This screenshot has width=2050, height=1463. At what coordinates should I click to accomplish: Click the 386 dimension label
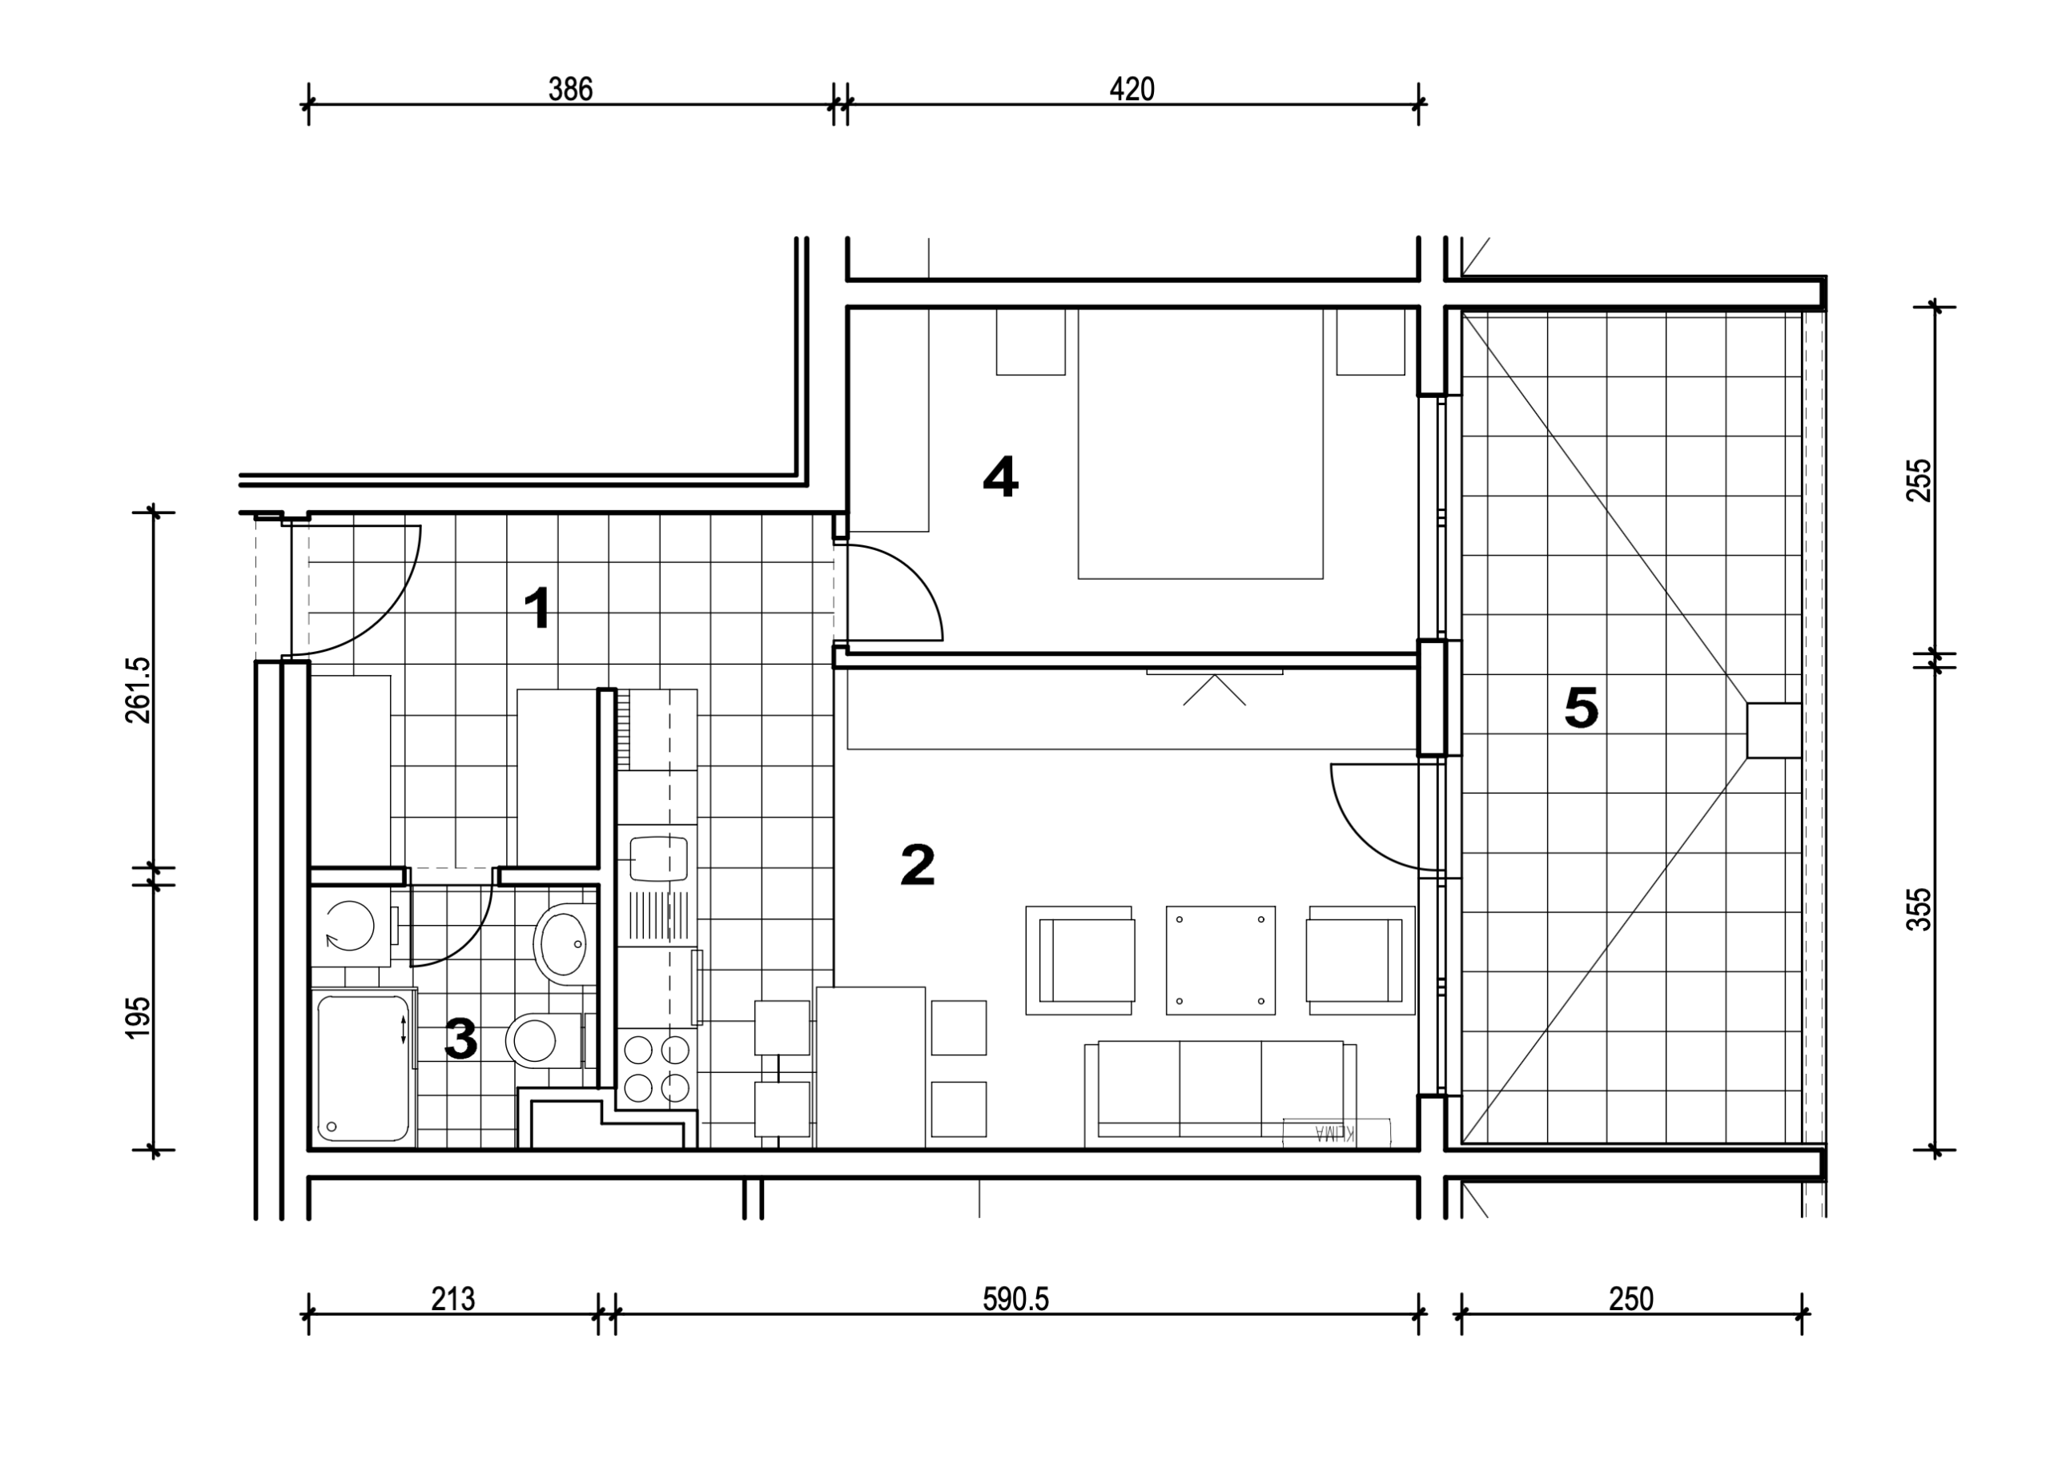(570, 89)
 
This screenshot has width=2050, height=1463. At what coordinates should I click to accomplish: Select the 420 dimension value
(1132, 89)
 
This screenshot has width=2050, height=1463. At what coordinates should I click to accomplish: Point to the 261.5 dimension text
(139, 690)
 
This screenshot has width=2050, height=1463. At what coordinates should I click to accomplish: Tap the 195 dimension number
(139, 1017)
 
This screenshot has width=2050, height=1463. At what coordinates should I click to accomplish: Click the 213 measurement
(452, 1299)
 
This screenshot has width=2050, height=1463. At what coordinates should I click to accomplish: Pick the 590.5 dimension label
(1015, 1299)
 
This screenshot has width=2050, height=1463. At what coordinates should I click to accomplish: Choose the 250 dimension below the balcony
(1631, 1299)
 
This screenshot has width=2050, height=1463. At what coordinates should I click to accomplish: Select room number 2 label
(918, 865)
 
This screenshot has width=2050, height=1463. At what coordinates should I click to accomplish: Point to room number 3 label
(460, 1039)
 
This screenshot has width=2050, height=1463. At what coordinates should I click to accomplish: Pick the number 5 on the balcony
(1581, 707)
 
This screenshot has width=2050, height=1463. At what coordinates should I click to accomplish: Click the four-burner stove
(657, 1069)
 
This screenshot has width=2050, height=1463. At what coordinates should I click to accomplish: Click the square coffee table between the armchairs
(1220, 960)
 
